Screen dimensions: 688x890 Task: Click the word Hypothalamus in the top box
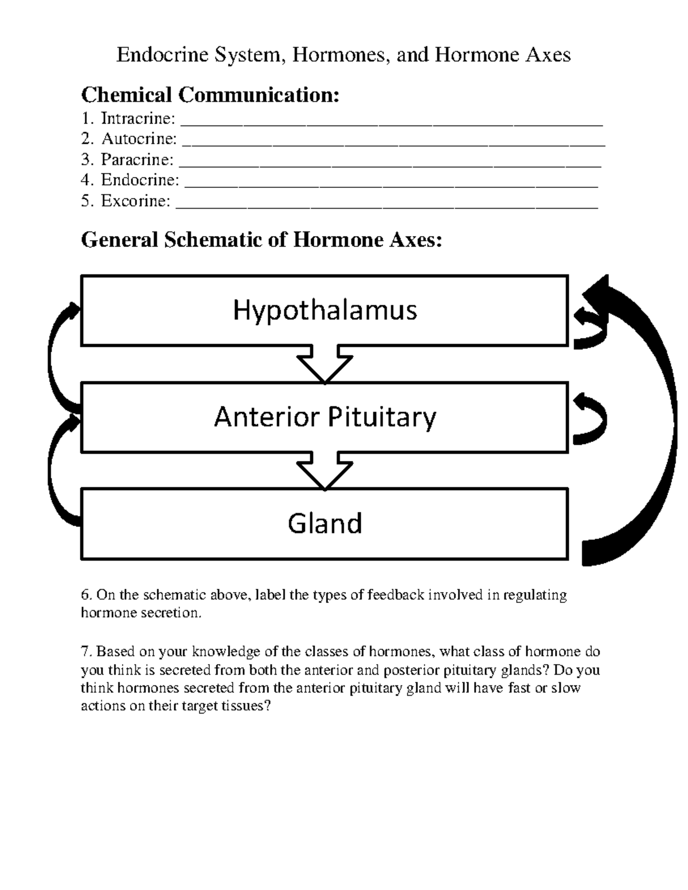coord(325,311)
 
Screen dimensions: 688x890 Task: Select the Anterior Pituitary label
coord(325,417)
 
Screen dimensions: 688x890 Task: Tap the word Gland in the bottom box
coord(325,523)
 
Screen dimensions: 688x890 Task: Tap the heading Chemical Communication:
coord(210,95)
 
